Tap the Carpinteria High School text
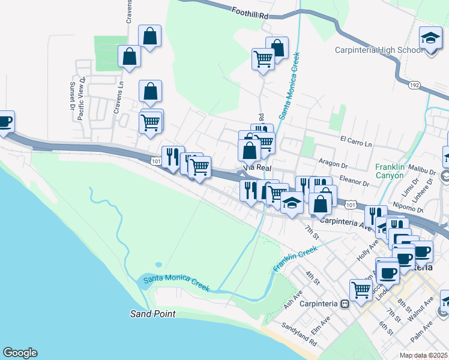(x=379, y=50)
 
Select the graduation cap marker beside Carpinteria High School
(x=430, y=39)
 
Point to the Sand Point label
(x=153, y=314)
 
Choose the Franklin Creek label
(x=295, y=258)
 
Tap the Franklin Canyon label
(x=391, y=171)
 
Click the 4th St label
(x=310, y=277)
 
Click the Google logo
(x=20, y=353)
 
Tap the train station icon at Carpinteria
(x=345, y=304)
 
